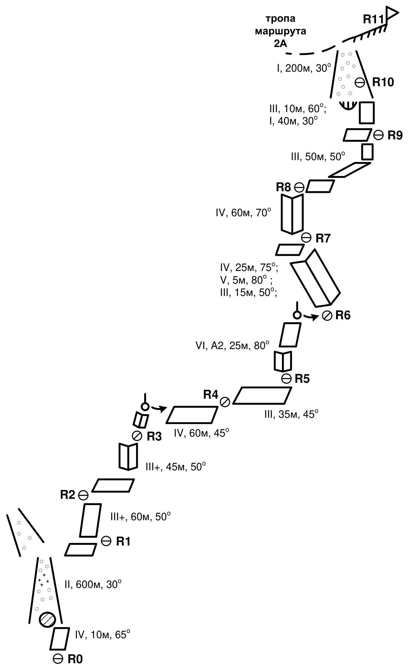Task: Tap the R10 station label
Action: tap(383, 82)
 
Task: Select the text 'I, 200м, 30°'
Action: tap(304, 68)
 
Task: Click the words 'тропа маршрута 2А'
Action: tap(281, 31)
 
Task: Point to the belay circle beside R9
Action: tap(378, 135)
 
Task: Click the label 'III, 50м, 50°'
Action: tap(318, 157)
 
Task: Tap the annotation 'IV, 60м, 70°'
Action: tap(243, 213)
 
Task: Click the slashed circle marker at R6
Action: tap(327, 316)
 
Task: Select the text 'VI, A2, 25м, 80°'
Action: tap(232, 346)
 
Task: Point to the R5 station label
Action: tap(302, 379)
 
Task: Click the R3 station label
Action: tap(154, 437)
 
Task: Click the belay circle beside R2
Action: tap(83, 495)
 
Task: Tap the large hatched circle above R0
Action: tap(47, 619)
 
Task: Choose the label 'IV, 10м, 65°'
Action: tap(102, 634)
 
